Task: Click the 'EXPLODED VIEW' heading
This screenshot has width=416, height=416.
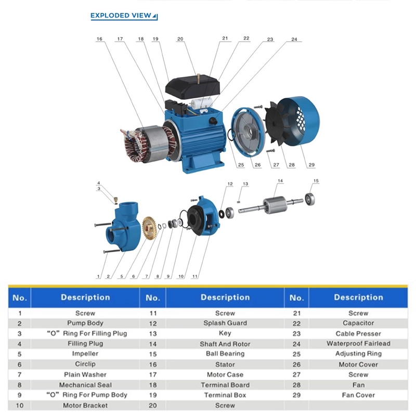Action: pos(121,16)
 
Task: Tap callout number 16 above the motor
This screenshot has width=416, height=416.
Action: pos(99,39)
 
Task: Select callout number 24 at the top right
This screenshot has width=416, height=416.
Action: pos(294,40)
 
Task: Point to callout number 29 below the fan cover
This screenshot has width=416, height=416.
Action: pos(311,165)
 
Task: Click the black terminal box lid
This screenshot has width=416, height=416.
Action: pos(192,86)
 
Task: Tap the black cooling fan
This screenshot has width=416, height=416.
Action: pos(277,123)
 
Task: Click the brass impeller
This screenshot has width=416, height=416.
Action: pos(150,228)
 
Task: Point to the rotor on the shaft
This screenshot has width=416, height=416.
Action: pos(275,204)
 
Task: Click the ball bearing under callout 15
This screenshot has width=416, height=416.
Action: pos(310,199)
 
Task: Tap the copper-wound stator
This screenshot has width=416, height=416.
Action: pos(149,144)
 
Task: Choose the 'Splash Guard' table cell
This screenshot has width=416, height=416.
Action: pos(225,323)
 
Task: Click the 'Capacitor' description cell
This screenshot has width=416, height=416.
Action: pos(358,323)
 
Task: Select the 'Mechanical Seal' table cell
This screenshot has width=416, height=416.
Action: pos(85,385)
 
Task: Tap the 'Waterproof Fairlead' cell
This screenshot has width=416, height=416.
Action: pos(358,344)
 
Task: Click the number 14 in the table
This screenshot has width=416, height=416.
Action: pos(153,344)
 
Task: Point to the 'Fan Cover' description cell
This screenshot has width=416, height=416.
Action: pos(358,395)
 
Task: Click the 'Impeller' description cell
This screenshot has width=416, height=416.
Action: pos(85,354)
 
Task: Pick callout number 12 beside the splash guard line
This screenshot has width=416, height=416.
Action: pos(230,184)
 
